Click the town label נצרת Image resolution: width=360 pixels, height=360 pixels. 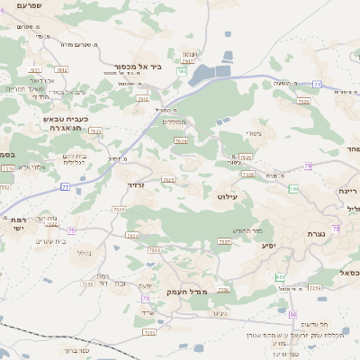point(334,233)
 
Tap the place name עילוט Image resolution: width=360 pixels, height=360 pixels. point(227,194)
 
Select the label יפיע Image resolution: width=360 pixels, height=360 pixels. point(267,245)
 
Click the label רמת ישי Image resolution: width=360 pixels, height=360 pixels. point(17,224)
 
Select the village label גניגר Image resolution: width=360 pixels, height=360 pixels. point(217,313)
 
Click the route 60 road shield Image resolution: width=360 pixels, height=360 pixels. point(293,313)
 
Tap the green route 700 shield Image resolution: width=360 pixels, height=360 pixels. point(293,189)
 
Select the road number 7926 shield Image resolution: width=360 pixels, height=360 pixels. point(247,175)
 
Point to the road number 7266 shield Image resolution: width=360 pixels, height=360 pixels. point(223,290)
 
